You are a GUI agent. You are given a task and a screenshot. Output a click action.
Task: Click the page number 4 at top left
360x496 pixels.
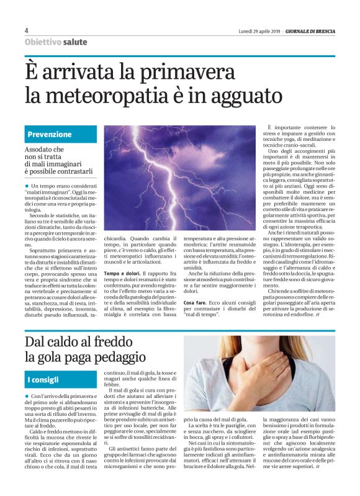[27, 30]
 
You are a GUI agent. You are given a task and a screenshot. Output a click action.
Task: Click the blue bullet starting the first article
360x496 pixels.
[27, 186]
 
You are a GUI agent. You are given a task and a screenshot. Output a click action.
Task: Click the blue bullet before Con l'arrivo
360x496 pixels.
[27, 395]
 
